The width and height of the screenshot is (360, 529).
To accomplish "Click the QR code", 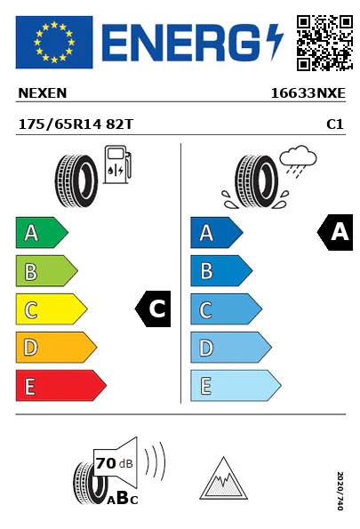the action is pos(324,43).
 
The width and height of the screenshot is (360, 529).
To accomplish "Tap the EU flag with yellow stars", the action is pos(54,42).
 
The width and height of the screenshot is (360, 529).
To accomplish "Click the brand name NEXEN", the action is pos(42,93).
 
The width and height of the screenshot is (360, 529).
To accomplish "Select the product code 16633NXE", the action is pos(308,93).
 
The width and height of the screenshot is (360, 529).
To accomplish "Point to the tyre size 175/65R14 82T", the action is pos(76,124).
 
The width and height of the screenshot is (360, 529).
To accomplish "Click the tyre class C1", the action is pos(335,124).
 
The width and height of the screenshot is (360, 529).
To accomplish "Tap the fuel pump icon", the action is pos(117,164).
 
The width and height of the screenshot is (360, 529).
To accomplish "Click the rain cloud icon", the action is pos(299,159).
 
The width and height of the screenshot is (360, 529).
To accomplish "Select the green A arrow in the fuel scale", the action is pos(42,232).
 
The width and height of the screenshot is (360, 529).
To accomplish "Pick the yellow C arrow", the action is pos(52,309).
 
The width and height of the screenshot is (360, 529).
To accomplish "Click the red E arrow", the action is pos(61,386).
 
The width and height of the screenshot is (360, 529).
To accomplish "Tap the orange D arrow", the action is pos(56,348).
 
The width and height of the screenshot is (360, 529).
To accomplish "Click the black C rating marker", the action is pos(153,309).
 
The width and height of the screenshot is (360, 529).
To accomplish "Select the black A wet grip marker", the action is pos(335,232).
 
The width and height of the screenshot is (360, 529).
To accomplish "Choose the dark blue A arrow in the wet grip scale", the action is pos(217,232).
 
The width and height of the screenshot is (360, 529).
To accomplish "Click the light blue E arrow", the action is pos(236,386).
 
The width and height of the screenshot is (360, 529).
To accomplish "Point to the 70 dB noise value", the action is pos(114,463).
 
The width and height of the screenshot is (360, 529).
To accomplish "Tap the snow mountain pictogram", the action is pos(223,478).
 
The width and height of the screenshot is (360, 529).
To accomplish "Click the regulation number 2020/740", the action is pos(340,491).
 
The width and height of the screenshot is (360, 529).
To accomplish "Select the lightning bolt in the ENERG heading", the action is pos(275,42).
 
